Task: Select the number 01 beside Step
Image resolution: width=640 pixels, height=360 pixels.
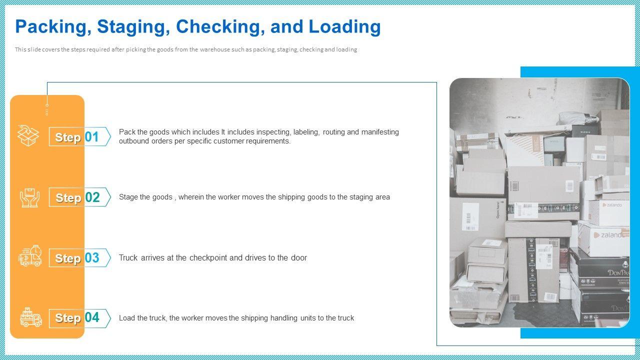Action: pyautogui.click(x=92, y=136)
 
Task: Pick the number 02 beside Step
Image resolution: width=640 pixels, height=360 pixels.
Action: pyautogui.click(x=92, y=197)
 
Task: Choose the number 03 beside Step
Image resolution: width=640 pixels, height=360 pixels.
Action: pyautogui.click(x=92, y=257)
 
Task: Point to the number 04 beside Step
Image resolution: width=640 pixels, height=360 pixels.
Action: pyautogui.click(x=92, y=317)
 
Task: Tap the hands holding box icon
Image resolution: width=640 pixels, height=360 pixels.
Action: pyautogui.click(x=29, y=197)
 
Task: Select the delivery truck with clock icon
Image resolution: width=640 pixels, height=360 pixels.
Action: pyautogui.click(x=30, y=256)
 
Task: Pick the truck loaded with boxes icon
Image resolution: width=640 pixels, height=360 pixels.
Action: pyautogui.click(x=30, y=317)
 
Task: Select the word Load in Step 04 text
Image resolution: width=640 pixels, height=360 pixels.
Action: pyautogui.click(x=126, y=318)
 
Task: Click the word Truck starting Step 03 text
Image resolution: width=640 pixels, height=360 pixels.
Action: pyautogui.click(x=129, y=258)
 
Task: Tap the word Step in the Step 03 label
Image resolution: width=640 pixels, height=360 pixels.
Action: pyautogui.click(x=67, y=258)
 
